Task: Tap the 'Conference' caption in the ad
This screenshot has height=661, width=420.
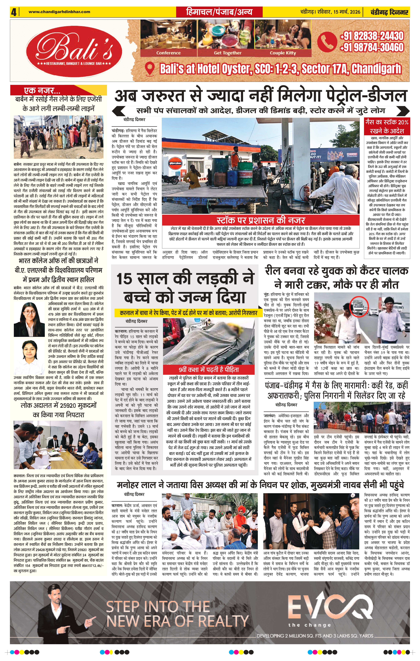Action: tap(168, 53)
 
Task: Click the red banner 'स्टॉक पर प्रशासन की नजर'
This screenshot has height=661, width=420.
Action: tap(260, 220)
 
